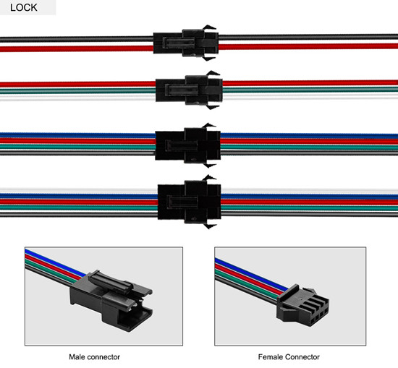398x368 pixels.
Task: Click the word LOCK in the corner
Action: click(24, 8)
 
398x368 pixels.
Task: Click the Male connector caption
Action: click(94, 357)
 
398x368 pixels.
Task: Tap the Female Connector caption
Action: click(289, 357)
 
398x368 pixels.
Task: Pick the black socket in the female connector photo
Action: click(302, 305)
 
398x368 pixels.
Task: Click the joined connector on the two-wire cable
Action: click(186, 43)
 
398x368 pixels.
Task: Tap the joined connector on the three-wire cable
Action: click(189, 90)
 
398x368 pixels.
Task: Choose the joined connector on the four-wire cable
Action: click(188, 145)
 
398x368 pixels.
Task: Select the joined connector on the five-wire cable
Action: click(190, 202)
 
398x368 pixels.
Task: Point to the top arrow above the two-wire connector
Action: click(209, 27)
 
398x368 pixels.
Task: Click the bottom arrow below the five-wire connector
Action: click(210, 226)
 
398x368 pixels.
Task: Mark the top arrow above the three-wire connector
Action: click(213, 74)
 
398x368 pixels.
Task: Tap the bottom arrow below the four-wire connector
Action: click(209, 165)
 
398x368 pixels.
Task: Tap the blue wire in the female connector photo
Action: click(251, 274)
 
